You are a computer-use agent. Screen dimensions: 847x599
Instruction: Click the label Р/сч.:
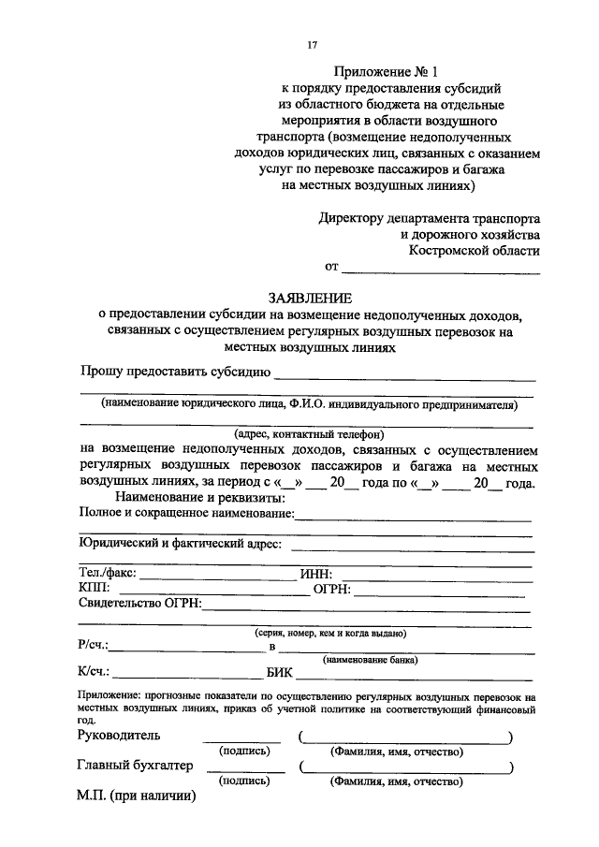[94, 645]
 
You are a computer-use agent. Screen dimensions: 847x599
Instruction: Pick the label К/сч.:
[95, 670]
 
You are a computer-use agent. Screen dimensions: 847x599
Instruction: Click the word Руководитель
[120, 736]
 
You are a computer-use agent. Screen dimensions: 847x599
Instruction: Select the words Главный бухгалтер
[135, 766]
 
